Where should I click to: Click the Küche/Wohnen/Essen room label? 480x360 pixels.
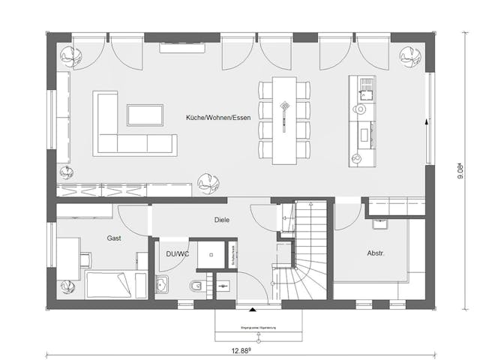coord(218,118)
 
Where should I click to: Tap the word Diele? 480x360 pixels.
coord(221,220)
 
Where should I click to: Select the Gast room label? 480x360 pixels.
coord(115,238)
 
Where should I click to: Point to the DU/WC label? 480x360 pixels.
coord(176,254)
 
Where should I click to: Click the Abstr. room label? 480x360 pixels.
coord(375,253)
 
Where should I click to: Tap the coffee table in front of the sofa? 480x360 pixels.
coord(145,115)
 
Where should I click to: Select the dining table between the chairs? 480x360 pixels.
coord(285,119)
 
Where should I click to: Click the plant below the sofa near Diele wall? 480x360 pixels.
coord(205,182)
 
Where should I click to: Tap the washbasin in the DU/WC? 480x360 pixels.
coord(162,286)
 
